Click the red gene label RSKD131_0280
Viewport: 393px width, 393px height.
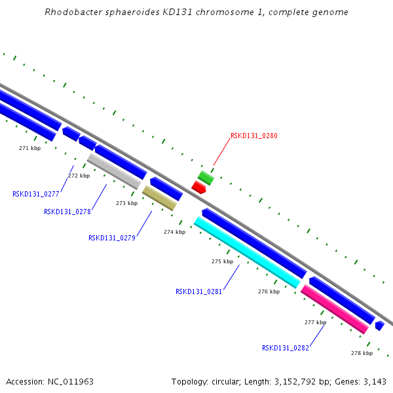[254, 136]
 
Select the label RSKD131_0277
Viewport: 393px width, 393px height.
[36, 194]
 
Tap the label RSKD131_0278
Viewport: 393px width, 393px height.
[67, 212]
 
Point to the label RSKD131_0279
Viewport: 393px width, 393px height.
[112, 238]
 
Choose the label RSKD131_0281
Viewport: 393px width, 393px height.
[199, 291]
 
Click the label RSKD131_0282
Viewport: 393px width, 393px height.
[286, 348]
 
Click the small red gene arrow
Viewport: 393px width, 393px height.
[198, 187]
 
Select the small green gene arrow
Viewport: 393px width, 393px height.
[206, 178]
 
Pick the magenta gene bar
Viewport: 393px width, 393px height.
[335, 309]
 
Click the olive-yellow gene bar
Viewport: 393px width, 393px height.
[159, 198]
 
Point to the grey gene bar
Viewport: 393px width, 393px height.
[114, 171]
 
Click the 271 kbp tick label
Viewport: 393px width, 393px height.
[29, 148]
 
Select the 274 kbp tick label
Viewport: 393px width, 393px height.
[174, 232]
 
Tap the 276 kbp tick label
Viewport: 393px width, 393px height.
[269, 291]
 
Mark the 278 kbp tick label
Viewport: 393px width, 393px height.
[362, 353]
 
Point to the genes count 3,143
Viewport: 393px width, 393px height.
[373, 381]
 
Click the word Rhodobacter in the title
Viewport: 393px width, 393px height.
[69, 12]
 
